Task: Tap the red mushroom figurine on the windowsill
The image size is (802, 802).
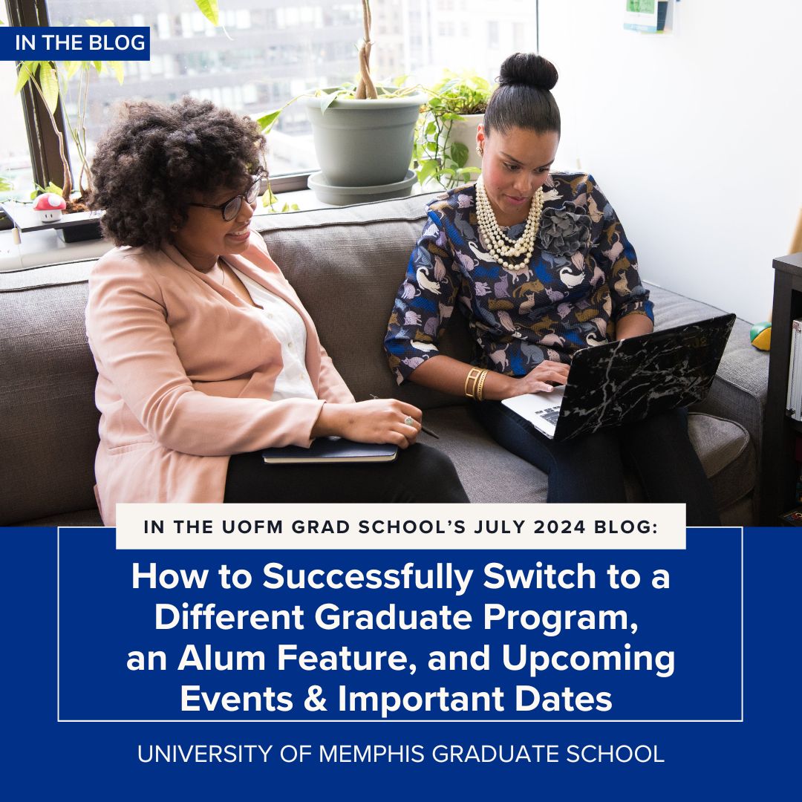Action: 50,206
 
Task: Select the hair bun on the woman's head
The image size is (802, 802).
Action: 528,72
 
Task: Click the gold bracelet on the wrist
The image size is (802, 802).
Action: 476,383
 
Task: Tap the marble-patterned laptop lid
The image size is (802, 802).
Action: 643,375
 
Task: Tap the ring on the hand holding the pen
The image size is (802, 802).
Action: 408,421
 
